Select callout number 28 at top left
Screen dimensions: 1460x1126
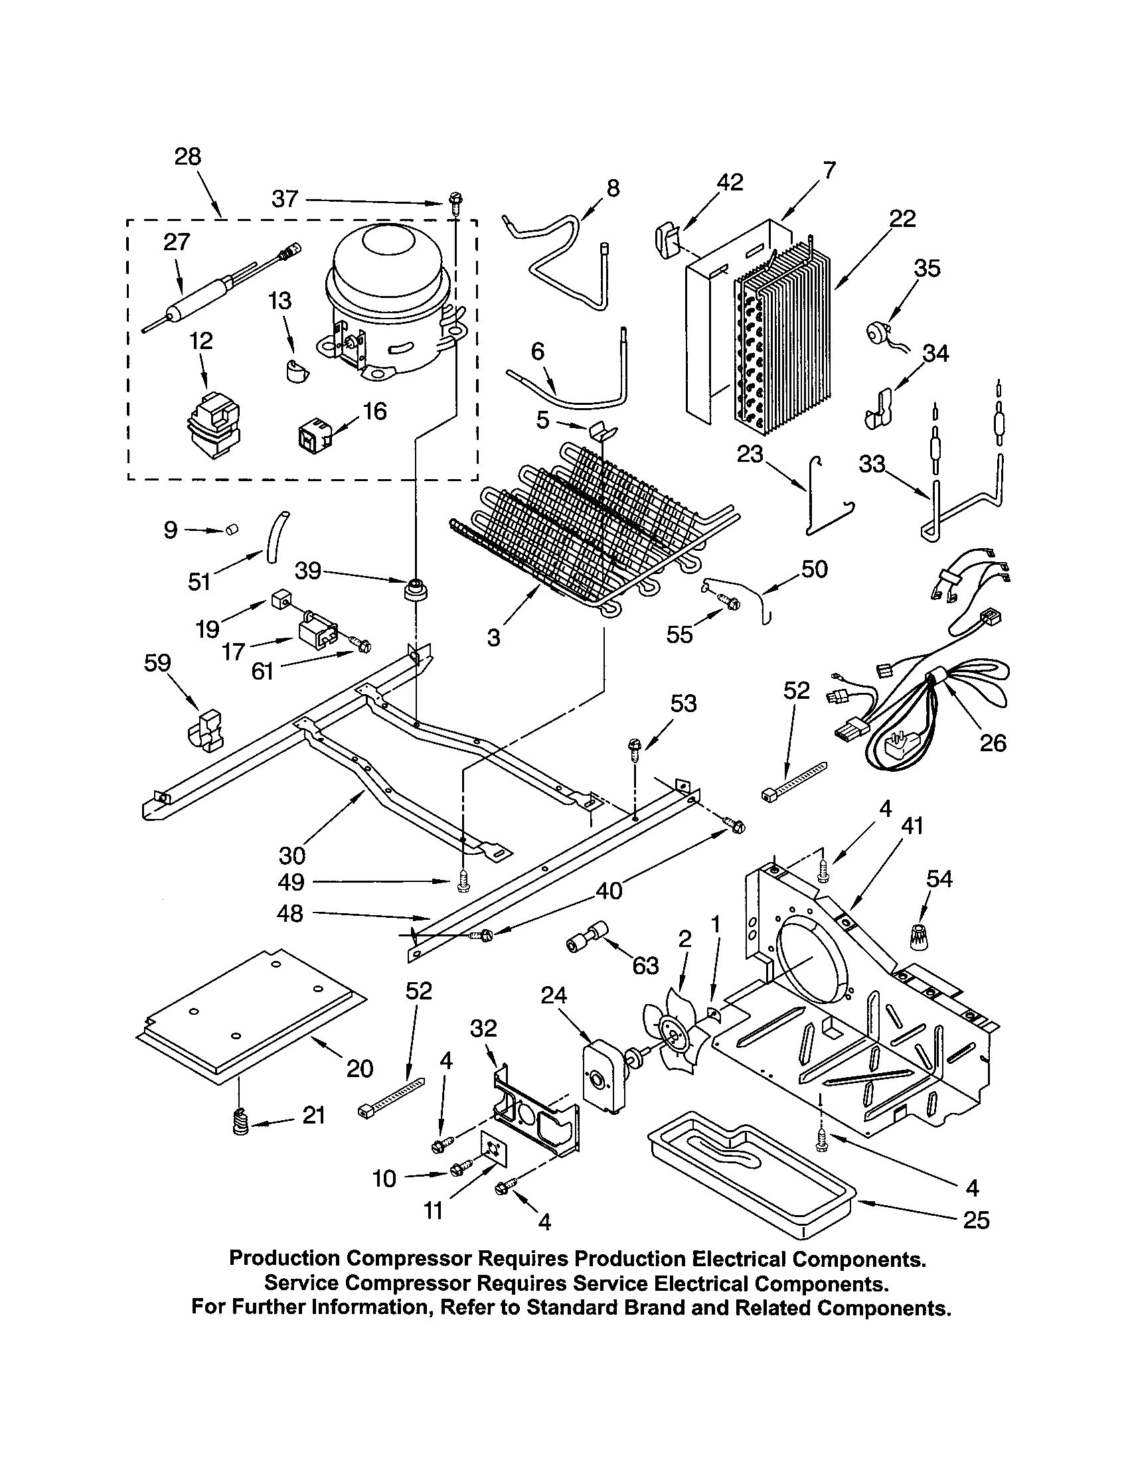[x=188, y=157]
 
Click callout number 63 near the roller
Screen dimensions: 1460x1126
[x=645, y=966]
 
